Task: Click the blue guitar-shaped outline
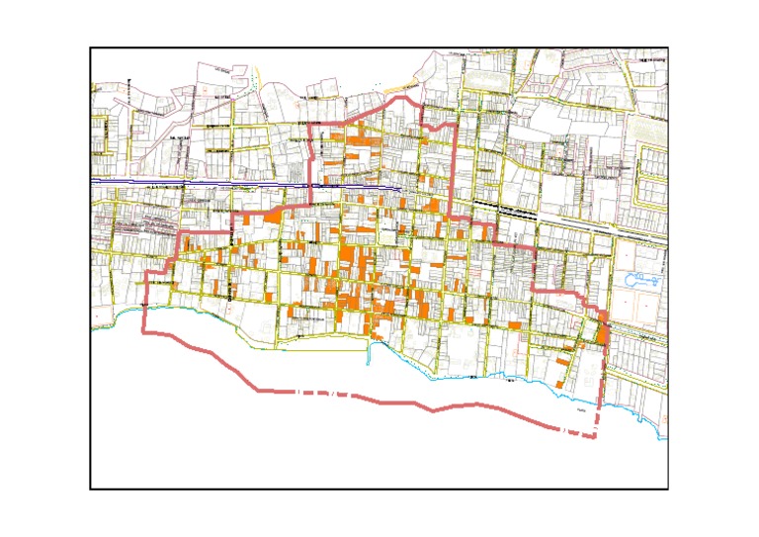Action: point(642,278)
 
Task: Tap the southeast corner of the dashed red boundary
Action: point(594,437)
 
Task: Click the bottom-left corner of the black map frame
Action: point(90,489)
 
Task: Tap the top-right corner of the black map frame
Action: point(669,47)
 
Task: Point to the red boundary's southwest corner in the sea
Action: point(144,332)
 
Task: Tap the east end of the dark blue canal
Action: point(399,187)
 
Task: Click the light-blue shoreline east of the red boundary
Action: point(632,405)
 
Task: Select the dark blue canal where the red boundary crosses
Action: point(312,185)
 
